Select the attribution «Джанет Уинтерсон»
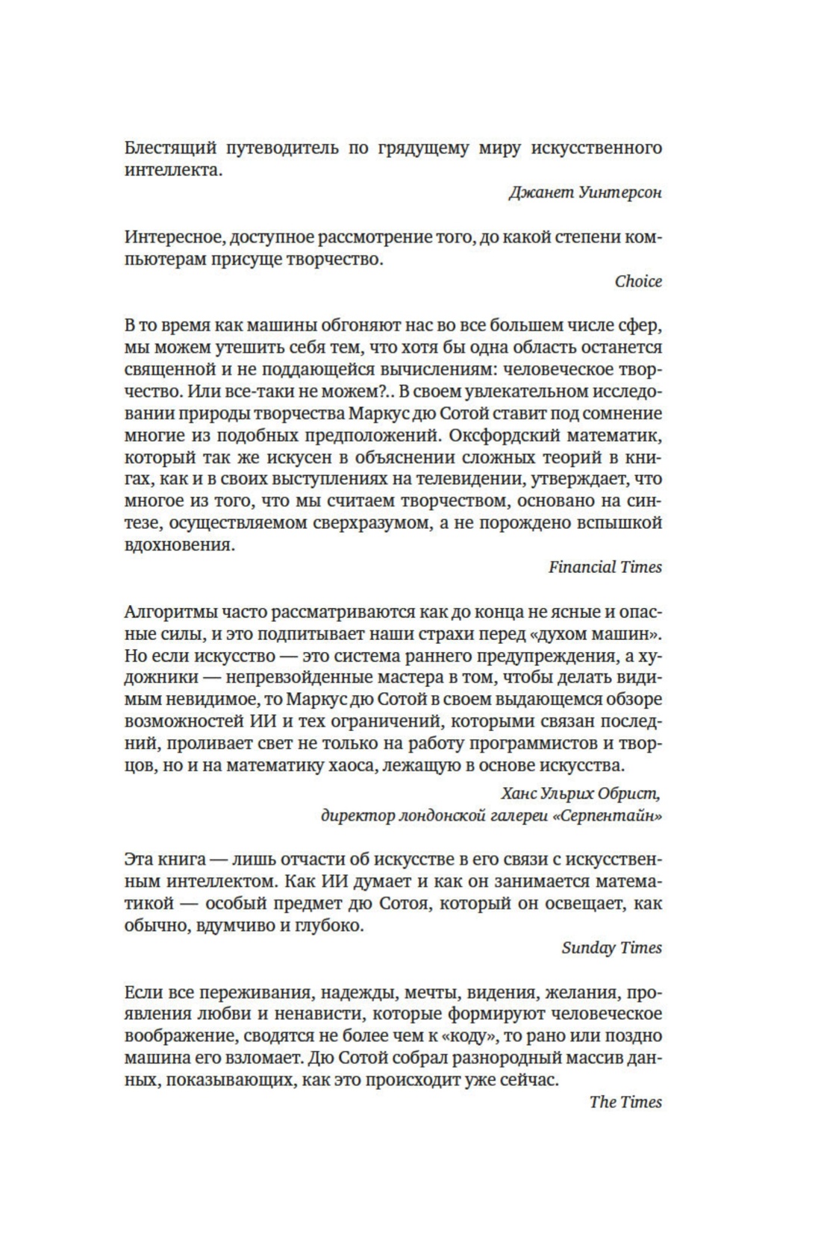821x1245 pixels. (x=585, y=192)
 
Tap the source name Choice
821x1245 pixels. (x=638, y=281)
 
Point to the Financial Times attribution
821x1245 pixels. (x=605, y=567)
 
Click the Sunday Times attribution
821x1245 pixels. (x=611, y=947)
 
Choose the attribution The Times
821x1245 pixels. (x=625, y=1102)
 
